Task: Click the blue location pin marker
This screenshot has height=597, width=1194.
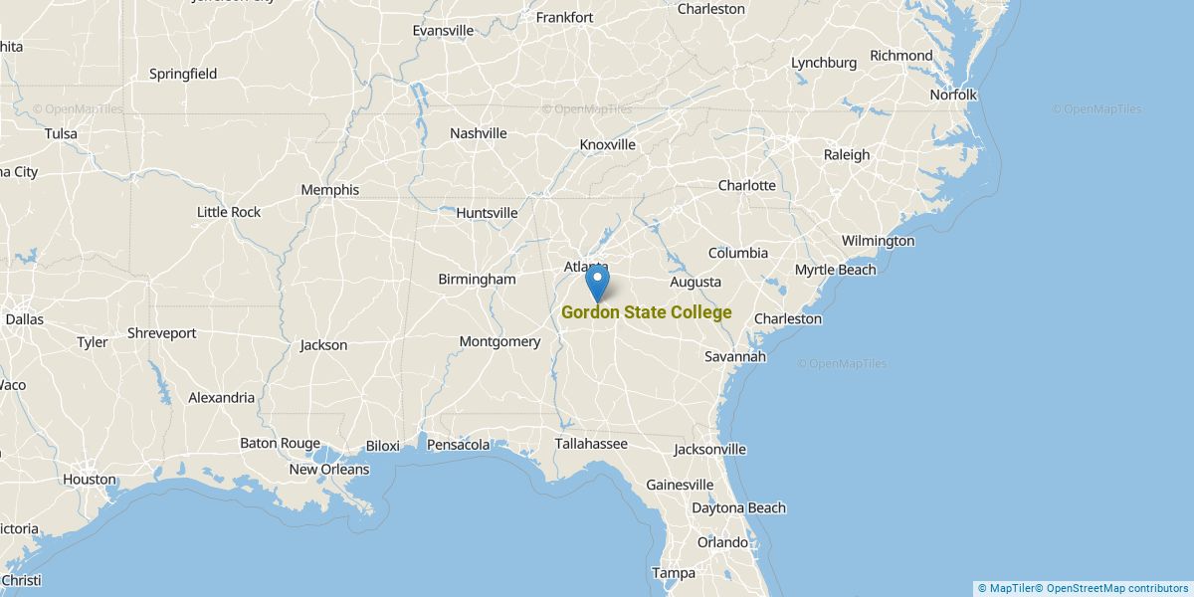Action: pos(597,280)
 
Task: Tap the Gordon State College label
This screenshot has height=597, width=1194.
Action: pos(647,312)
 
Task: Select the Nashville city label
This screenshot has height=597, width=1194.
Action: pos(478,133)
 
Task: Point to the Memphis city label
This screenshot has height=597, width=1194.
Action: pos(329,190)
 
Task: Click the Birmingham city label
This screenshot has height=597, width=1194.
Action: pos(478,280)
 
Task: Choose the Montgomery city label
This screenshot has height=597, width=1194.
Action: pos(499,342)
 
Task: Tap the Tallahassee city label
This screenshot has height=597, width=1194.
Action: pos(591,444)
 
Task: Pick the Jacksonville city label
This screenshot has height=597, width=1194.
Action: pos(709,450)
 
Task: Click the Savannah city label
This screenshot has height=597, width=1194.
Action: pos(735,356)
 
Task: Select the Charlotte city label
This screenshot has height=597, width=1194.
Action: pos(746,186)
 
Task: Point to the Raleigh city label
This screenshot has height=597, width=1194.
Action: pos(846,155)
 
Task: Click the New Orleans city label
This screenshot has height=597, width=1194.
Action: pos(328,470)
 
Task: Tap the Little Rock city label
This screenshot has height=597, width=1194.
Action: pos(229,212)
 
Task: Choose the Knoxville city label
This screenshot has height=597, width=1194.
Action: pos(607,145)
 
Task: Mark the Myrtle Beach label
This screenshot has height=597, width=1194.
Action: pos(835,270)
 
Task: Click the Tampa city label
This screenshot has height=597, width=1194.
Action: pos(673,573)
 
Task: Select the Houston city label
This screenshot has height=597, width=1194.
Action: pos(90,480)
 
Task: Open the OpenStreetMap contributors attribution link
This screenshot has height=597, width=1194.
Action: pos(1117,588)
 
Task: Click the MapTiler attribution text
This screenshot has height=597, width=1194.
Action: pos(1010,588)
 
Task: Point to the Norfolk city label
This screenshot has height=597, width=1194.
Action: pos(953,96)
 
